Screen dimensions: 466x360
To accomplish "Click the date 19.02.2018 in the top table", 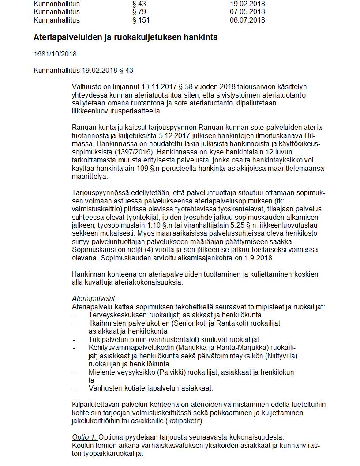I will point(247,4).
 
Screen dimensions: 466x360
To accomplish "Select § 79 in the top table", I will point(139,12).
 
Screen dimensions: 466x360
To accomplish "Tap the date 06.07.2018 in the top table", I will point(247,20).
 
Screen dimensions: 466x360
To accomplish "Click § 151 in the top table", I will point(141,20).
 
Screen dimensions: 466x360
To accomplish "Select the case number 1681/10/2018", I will point(55,54).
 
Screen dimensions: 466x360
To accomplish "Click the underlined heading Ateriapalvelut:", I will point(94,299).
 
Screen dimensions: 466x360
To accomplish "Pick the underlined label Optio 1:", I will point(84,437).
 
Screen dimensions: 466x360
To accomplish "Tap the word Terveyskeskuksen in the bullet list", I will point(115,315).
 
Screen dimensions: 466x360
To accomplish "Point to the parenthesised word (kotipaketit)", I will point(184,421).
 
